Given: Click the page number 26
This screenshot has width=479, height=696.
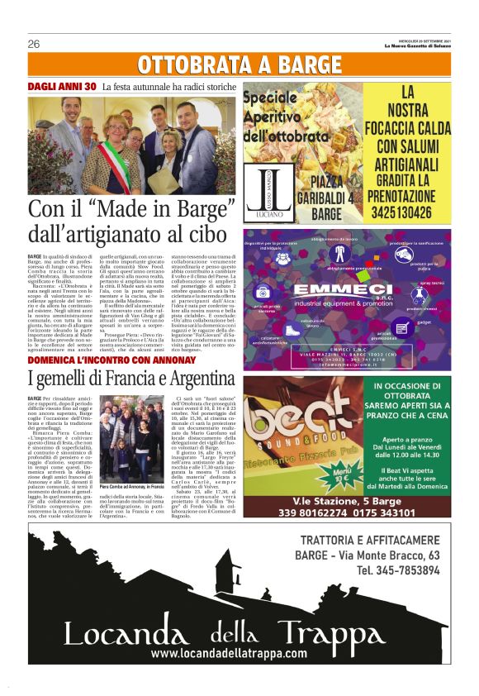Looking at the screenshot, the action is pyautogui.click(x=34, y=44).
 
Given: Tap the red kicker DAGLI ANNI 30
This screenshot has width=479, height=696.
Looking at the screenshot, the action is pyautogui.click(x=63, y=86).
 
